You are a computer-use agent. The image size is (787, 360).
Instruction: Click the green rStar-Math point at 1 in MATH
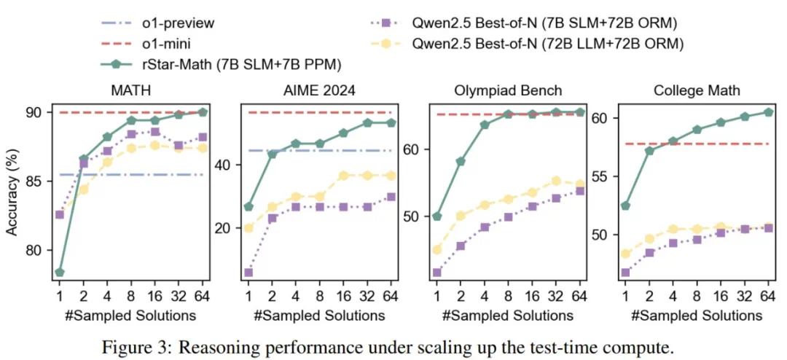point(60,273)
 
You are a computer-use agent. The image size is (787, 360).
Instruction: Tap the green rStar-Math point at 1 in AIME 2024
point(249,207)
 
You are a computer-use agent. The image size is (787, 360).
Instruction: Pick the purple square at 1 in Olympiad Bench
point(437,273)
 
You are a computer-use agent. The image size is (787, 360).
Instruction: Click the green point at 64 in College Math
point(767,112)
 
